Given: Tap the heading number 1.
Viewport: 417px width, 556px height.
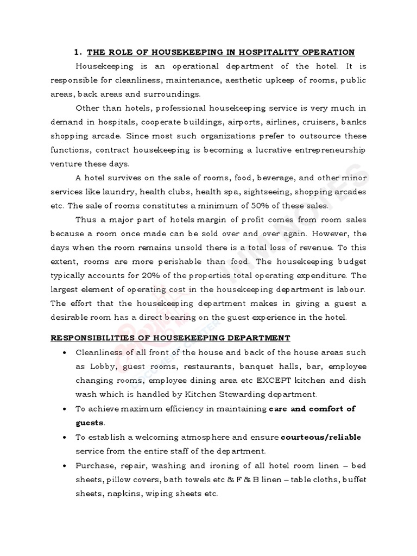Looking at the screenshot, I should (x=77, y=52).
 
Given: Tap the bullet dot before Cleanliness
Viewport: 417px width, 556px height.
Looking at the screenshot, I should (x=65, y=352).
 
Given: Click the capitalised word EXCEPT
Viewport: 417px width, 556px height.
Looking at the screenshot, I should (x=265, y=380).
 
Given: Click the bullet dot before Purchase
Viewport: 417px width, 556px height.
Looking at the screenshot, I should (x=65, y=465).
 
